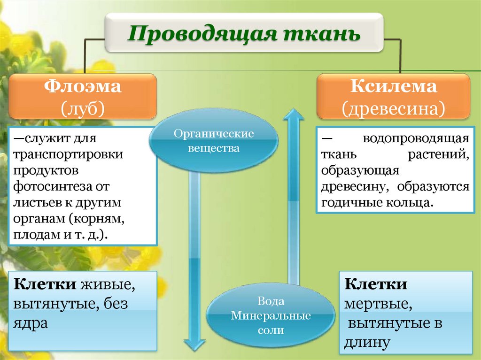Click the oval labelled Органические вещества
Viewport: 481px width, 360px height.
[x=214, y=141]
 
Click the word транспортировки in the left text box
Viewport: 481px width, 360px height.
[x=69, y=154]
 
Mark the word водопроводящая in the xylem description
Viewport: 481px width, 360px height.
[x=416, y=139]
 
